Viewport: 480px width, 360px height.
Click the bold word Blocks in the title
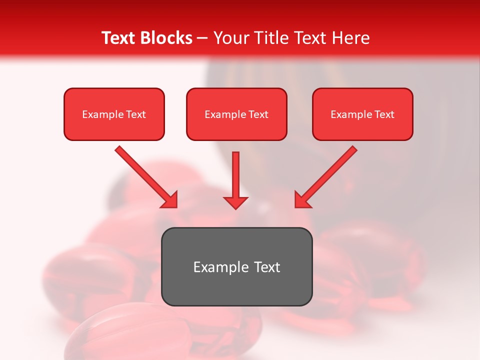pos(165,38)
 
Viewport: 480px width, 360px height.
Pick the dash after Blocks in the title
pos(202,38)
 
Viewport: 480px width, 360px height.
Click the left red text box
pos(114,114)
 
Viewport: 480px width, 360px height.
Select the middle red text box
pos(236,114)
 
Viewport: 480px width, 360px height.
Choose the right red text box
pos(362,114)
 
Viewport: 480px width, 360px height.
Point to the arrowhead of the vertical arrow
pos(235,202)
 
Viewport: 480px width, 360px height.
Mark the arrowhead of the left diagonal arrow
pos(170,200)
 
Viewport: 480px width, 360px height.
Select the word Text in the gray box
pos(266,267)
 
